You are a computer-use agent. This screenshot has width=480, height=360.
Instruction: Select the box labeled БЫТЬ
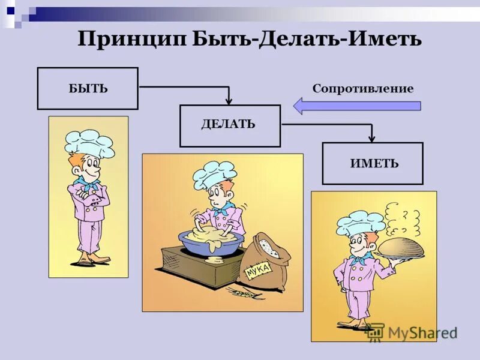pos(88,88)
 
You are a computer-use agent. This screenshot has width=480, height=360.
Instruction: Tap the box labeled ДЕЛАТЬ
pos(230,125)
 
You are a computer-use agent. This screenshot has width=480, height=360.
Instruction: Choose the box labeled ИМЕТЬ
pos(373,163)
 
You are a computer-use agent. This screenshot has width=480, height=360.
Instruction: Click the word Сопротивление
pos(362,89)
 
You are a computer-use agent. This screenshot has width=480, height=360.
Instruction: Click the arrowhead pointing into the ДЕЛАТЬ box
pos(229,101)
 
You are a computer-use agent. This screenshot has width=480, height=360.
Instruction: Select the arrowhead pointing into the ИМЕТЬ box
pos(371,138)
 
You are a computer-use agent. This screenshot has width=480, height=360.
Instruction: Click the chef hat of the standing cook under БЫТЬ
pos(89,143)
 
